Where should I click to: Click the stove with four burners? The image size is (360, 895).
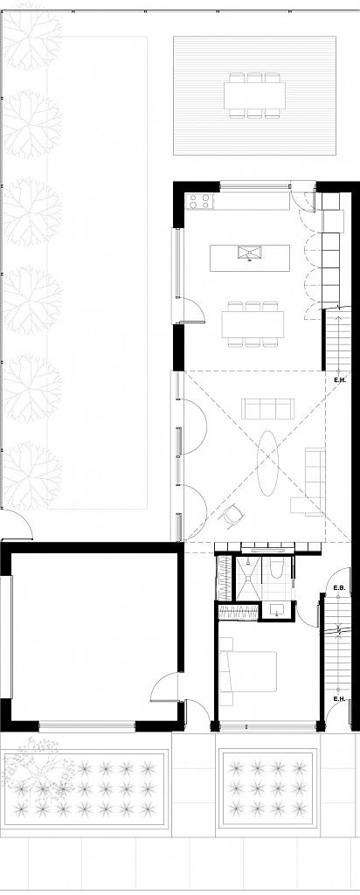[199, 202]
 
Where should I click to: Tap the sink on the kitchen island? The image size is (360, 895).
[250, 254]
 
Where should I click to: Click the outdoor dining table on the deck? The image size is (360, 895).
[254, 94]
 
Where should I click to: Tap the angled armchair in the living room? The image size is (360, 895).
[232, 517]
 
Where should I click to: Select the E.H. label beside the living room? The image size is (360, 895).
[340, 380]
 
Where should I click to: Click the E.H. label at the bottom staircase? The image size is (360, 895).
[338, 699]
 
